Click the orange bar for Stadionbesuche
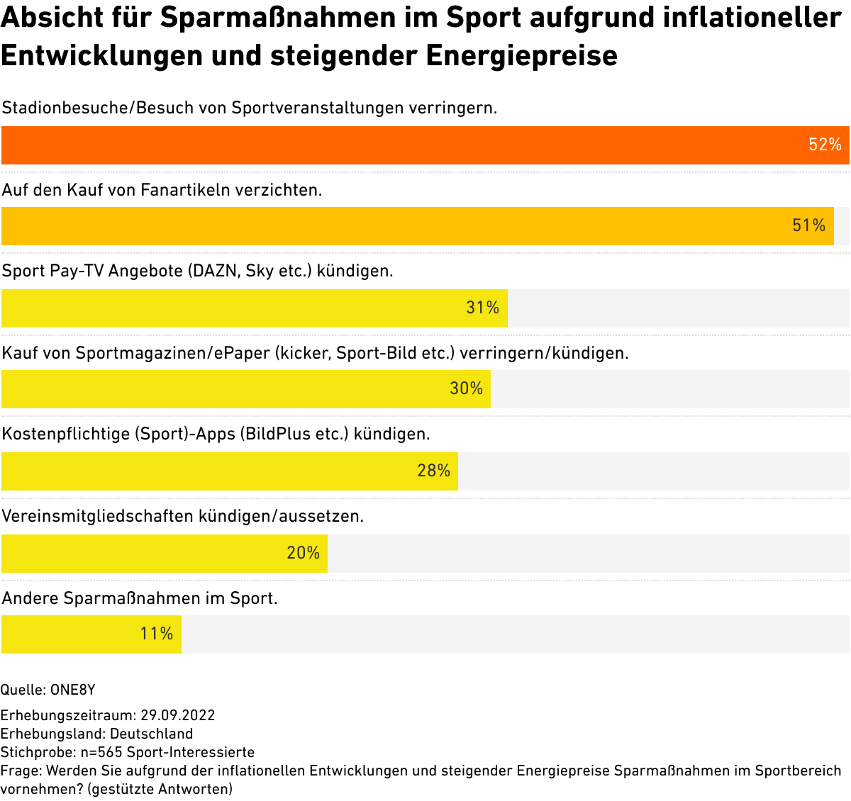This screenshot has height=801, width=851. point(397,145)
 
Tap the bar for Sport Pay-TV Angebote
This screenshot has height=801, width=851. point(234,308)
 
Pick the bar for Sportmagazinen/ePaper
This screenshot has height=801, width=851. point(227,389)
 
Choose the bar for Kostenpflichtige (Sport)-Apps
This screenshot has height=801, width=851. point(213,471)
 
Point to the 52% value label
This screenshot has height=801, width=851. point(825,145)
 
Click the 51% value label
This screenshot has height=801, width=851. point(808,226)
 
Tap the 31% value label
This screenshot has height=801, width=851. point(482,308)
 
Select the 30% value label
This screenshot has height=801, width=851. point(466,389)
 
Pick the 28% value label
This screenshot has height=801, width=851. point(433,471)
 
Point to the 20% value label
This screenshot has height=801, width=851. point(303,554)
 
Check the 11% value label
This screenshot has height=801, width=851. point(156,634)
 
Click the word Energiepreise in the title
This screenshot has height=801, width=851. point(522,55)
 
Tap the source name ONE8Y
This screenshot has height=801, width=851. point(72,690)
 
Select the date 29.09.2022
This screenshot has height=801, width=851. point(177,715)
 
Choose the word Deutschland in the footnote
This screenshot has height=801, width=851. point(151,734)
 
